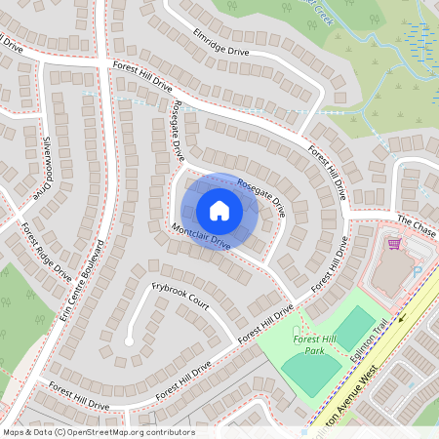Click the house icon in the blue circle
(x=219, y=211)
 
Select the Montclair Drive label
(x=200, y=236)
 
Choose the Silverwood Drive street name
(x=45, y=165)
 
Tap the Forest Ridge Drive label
(x=47, y=251)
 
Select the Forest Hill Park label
(x=313, y=343)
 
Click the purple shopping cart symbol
(x=395, y=244)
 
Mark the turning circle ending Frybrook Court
(x=128, y=340)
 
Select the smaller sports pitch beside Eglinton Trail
(x=354, y=328)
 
